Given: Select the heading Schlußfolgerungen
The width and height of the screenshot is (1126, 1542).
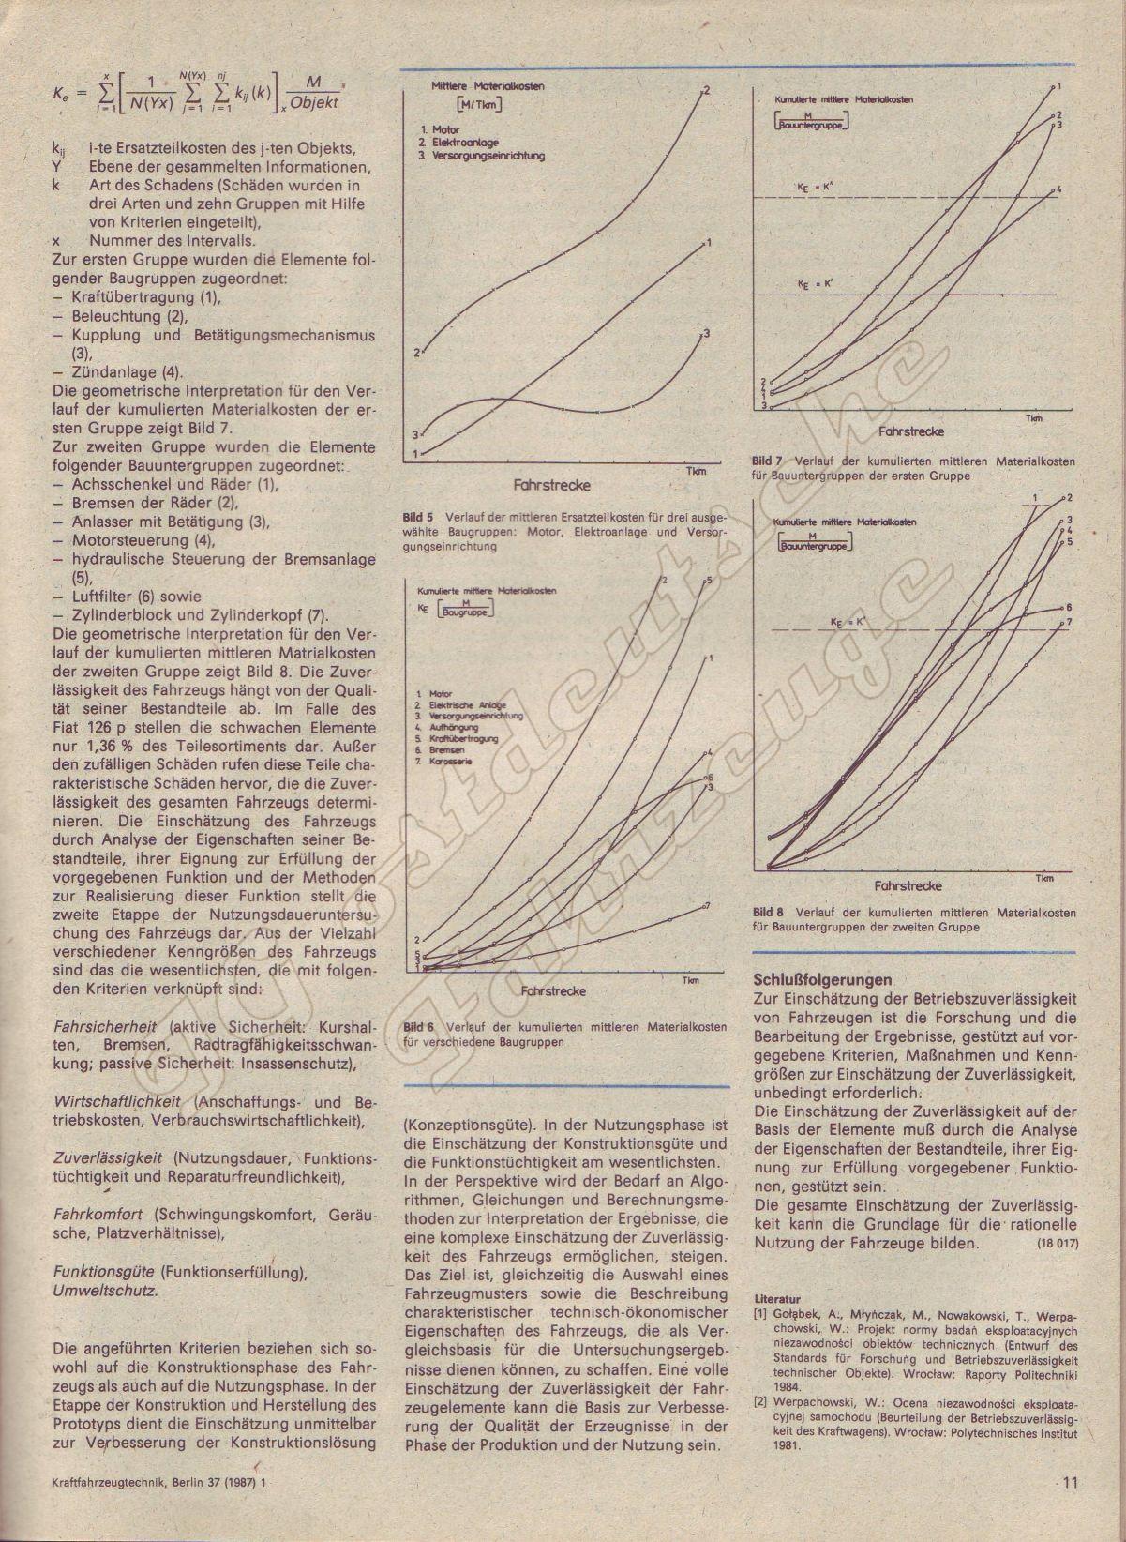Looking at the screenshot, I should coord(816,980).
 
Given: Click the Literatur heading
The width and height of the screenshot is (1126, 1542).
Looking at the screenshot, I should coord(778,1300).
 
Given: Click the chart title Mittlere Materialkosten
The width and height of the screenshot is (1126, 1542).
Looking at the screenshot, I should coord(488,85).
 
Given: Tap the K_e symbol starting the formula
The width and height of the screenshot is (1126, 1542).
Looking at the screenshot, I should coord(63,94).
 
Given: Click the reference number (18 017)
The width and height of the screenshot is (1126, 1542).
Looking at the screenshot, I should coord(1058,1245).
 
